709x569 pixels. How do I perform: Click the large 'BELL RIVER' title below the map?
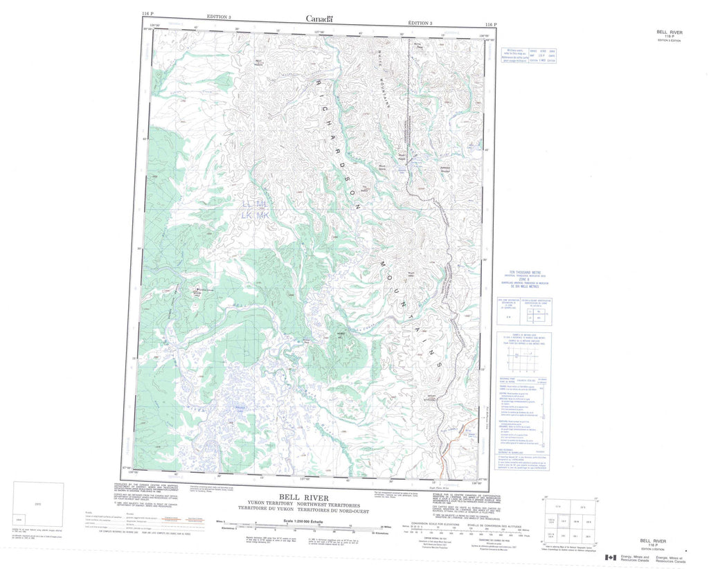[x=304, y=498]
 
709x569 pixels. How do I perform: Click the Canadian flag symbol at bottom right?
[x=611, y=557]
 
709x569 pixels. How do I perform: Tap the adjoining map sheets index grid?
[x=571, y=519]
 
